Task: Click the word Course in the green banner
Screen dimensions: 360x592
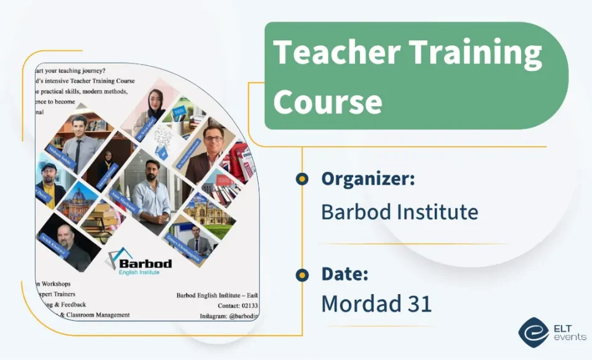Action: [328, 101]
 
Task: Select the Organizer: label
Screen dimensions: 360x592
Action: [368, 179]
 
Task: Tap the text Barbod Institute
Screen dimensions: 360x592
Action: [399, 212]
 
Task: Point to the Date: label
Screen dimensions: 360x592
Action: [345, 274]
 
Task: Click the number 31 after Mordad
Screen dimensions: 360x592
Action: [418, 304]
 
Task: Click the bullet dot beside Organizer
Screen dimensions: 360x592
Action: [302, 179]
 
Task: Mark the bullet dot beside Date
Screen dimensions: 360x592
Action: [302, 275]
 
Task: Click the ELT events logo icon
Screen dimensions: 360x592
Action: [533, 332]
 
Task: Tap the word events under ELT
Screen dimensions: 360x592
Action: [570, 337]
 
